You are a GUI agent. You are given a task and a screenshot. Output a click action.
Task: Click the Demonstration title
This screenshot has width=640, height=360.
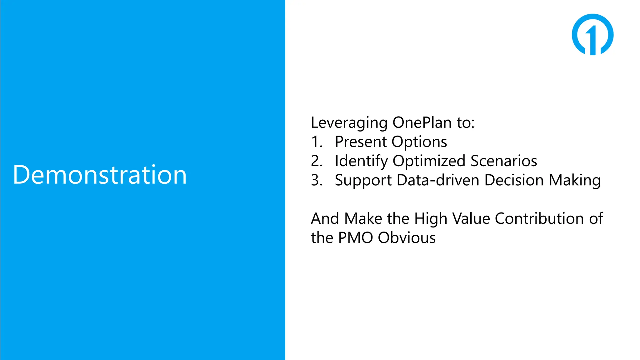pyautogui.click(x=100, y=175)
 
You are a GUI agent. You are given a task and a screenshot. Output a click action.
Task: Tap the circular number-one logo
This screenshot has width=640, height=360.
pyautogui.click(x=592, y=34)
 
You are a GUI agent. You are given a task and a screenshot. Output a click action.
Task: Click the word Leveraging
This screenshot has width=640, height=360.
pyautogui.click(x=349, y=123)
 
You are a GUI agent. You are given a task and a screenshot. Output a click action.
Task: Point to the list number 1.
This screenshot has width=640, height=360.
pyautogui.click(x=316, y=142)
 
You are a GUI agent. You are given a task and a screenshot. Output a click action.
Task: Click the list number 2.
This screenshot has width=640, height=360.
pyautogui.click(x=316, y=161)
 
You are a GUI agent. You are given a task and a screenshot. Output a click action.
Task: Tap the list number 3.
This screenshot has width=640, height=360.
pyautogui.click(x=316, y=180)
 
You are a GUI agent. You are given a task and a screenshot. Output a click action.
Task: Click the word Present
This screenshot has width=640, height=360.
pyautogui.click(x=360, y=142)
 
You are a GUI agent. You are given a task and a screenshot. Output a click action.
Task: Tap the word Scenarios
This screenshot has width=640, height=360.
pyautogui.click(x=504, y=161)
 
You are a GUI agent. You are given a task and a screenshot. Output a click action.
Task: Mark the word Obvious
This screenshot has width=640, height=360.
pyautogui.click(x=407, y=238)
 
